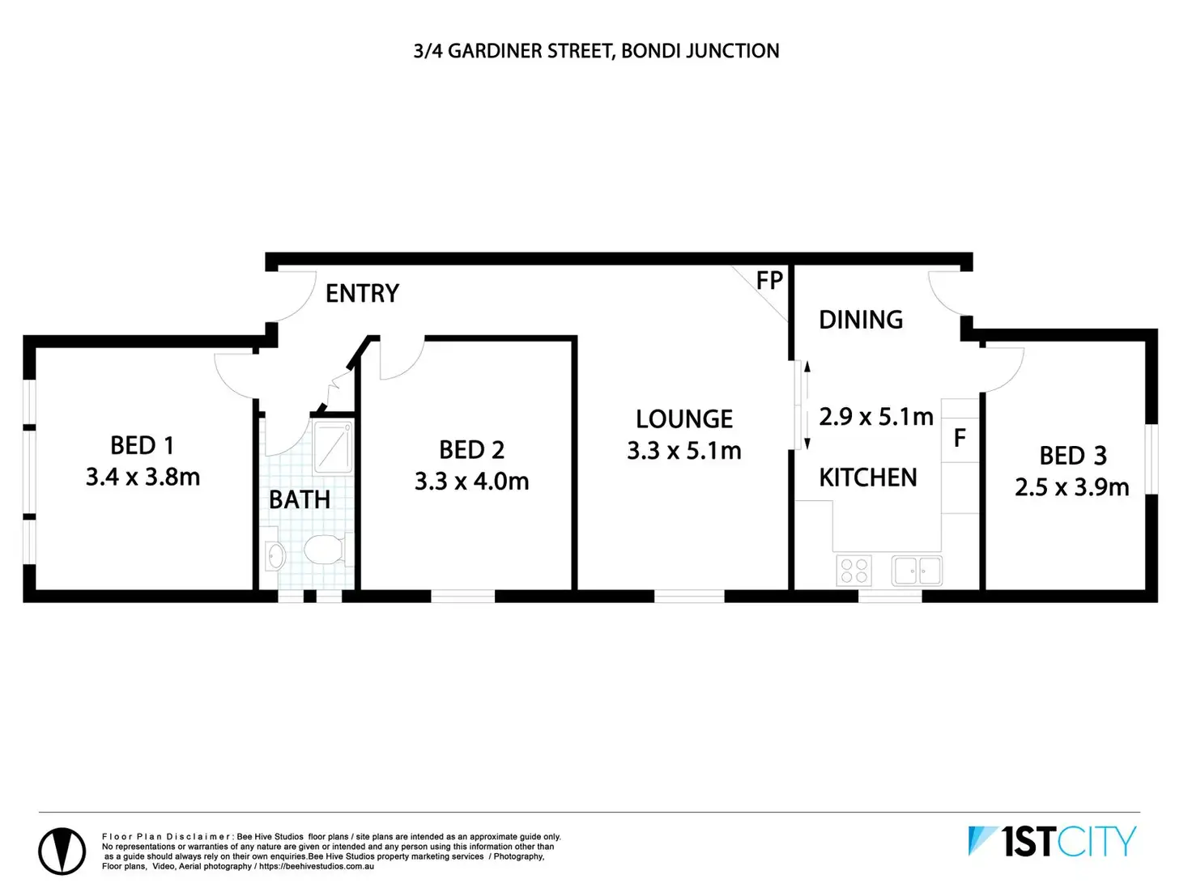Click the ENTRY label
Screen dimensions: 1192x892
(362, 293)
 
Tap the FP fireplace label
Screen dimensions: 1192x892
(769, 281)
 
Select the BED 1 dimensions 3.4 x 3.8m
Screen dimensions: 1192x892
(143, 478)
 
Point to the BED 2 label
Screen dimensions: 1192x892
(471, 450)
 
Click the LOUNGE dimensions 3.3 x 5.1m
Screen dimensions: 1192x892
(683, 451)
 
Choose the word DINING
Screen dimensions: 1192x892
(860, 320)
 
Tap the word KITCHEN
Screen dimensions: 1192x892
(867, 478)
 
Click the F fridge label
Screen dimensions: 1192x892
(960, 439)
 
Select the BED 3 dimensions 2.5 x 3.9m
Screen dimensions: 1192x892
(1071, 487)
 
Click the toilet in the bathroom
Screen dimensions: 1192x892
(326, 550)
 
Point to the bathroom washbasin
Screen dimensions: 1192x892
(275, 555)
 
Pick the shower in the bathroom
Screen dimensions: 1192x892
(332, 447)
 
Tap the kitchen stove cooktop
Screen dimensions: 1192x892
(854, 570)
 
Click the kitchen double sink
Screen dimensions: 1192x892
(917, 570)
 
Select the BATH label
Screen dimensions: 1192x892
(300, 500)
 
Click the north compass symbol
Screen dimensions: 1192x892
(62, 851)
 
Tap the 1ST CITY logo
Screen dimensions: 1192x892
(1052, 842)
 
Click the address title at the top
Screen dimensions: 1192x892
(596, 51)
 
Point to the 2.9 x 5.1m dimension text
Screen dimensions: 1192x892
(875, 417)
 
